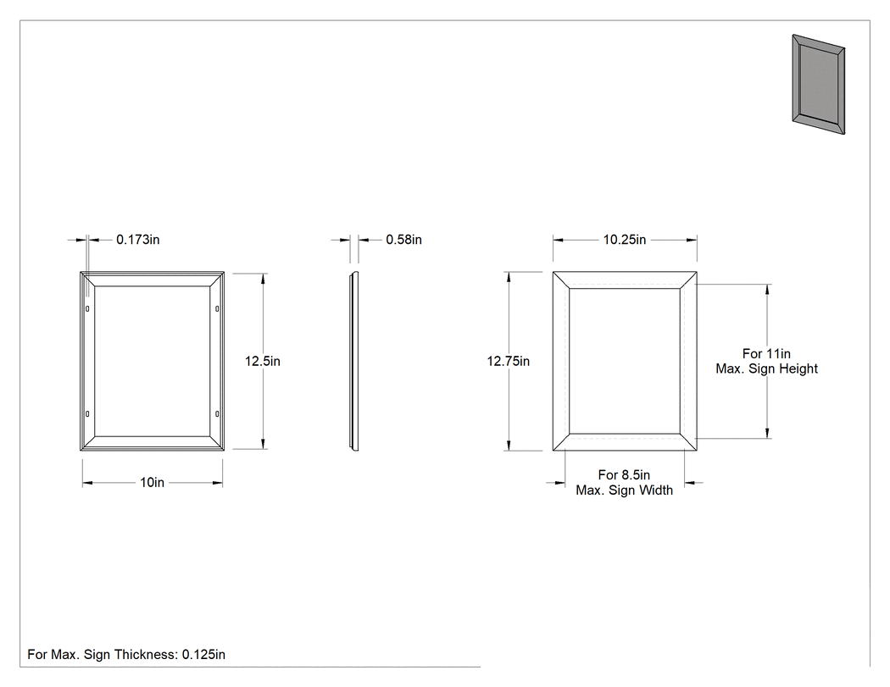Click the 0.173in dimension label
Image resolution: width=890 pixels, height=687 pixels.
[138, 240]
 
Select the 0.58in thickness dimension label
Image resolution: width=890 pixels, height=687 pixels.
[403, 240]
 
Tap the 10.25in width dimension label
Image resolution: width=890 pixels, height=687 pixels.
[625, 240]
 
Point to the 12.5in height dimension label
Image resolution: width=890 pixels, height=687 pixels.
[262, 362]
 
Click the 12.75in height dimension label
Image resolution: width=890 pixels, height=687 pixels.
[508, 362]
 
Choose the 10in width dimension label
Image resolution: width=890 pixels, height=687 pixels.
[152, 483]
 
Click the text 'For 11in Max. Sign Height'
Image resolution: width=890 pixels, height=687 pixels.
[766, 362]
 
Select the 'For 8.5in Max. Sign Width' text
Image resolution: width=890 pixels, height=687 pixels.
[625, 483]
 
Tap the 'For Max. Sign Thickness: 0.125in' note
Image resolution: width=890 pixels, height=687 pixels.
[126, 655]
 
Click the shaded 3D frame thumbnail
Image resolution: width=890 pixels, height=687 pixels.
[819, 85]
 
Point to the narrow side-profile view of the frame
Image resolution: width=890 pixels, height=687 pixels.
[354, 362]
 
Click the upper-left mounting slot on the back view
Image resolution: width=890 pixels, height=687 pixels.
[87, 308]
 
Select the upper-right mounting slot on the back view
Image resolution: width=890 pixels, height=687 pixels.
[217, 308]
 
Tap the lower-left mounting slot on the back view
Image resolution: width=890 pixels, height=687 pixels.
[87, 414]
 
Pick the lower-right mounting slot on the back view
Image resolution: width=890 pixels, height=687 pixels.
[217, 414]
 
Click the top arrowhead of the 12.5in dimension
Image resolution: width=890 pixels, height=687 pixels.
[263, 279]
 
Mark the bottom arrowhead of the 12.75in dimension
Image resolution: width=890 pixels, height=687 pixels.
[509, 446]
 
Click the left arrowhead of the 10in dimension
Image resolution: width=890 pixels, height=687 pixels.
[87, 484]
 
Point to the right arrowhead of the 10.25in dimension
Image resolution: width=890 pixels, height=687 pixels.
[692, 240]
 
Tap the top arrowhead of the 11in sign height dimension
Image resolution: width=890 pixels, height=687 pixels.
[768, 290]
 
